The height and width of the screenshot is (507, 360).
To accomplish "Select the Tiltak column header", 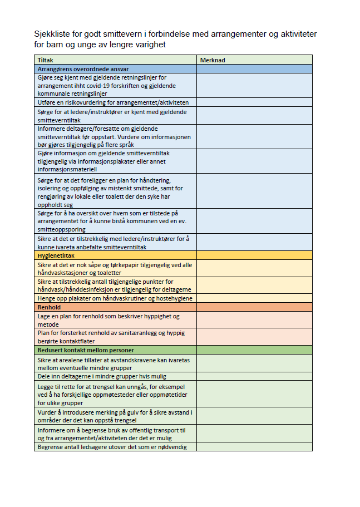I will click(45, 60).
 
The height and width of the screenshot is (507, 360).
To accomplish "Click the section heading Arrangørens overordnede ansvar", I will click(83, 69).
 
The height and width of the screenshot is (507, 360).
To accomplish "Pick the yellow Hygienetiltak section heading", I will click(56, 255).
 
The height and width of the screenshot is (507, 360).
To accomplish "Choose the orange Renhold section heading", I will click(49, 307).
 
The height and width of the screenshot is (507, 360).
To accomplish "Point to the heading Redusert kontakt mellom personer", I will click(86, 350).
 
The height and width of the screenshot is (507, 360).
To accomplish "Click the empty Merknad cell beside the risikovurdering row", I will click(254, 103).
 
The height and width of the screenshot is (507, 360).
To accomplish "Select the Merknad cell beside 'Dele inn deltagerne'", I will click(254, 376).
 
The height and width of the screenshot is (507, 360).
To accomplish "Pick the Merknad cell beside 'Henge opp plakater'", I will click(254, 298).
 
